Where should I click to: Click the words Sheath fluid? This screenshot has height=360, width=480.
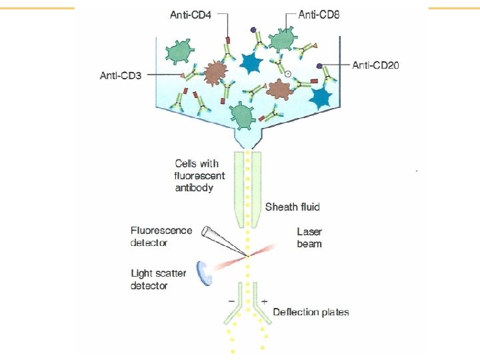pyautogui.click(x=293, y=207)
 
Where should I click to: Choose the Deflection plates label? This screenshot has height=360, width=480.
pyautogui.click(x=311, y=311)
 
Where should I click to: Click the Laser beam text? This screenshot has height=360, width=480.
pyautogui.click(x=309, y=238)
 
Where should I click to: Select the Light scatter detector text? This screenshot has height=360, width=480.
pyautogui.click(x=158, y=279)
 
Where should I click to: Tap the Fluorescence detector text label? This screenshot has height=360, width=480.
pyautogui.click(x=161, y=237)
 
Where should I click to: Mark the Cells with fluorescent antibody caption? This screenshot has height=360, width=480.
pyautogui.click(x=199, y=175)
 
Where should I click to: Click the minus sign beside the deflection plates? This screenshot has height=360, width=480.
pyautogui.click(x=231, y=302)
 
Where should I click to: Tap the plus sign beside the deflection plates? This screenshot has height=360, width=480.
pyautogui.click(x=265, y=302)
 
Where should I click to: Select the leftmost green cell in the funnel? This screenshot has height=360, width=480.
pyautogui.click(x=177, y=51)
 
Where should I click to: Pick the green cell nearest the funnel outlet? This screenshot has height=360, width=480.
pyautogui.click(x=243, y=115)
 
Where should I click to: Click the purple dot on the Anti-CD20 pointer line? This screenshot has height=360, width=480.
pyautogui.click(x=320, y=65)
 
